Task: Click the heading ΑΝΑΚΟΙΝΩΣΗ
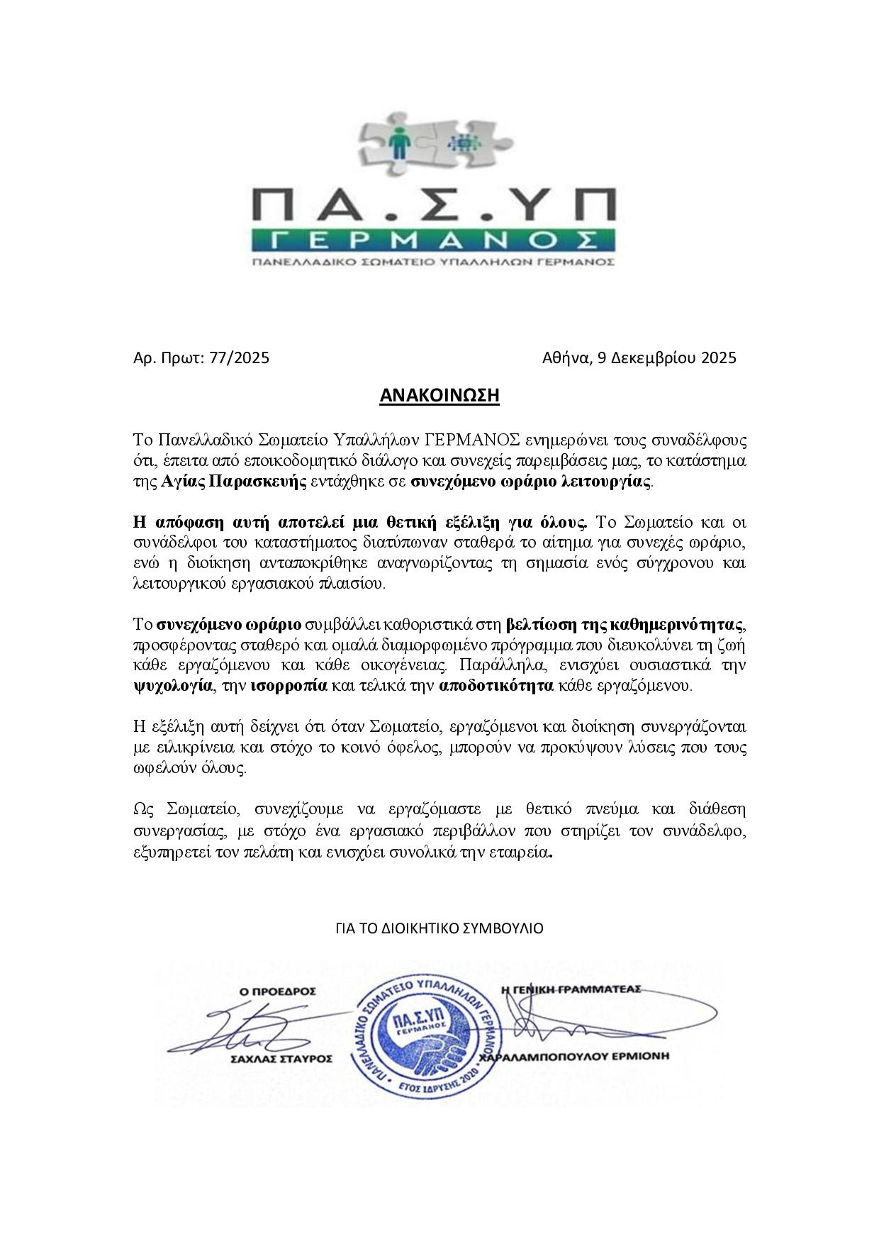coord(439,395)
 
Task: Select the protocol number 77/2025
coord(240,358)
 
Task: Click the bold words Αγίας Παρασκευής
coord(235,483)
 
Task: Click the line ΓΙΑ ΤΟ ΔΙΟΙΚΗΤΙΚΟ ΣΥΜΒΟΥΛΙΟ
coord(439,928)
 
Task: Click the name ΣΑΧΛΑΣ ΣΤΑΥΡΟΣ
coord(281,1057)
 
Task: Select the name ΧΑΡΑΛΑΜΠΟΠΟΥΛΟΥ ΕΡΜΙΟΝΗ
coord(574,1057)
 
